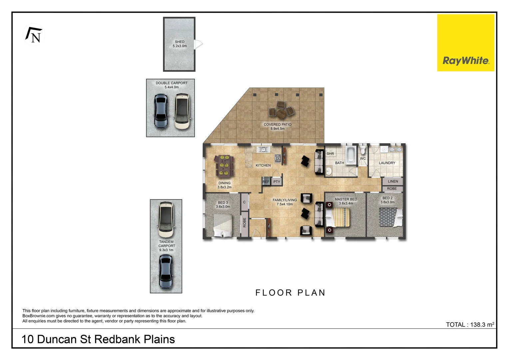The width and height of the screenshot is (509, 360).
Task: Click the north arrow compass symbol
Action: point(34,35)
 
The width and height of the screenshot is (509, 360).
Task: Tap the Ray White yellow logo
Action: point(465,43)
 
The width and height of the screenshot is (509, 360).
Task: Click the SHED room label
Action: point(180,42)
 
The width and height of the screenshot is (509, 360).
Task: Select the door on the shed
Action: point(198,44)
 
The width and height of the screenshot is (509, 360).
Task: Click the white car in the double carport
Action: point(182,111)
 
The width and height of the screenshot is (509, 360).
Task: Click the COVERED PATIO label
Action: point(277,125)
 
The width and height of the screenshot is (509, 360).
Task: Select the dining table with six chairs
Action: point(224,166)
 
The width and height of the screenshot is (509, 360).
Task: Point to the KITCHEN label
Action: point(263,165)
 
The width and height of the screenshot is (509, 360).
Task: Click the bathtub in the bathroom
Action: point(350,155)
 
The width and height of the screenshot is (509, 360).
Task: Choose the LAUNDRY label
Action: point(387,163)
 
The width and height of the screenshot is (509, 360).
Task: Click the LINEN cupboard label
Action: point(393,181)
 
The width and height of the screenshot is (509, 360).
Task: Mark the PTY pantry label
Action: point(277,182)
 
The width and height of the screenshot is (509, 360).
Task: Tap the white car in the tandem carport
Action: point(166,219)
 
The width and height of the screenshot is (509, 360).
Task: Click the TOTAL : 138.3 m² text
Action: point(470,325)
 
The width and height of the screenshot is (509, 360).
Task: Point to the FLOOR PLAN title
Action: point(290,293)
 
